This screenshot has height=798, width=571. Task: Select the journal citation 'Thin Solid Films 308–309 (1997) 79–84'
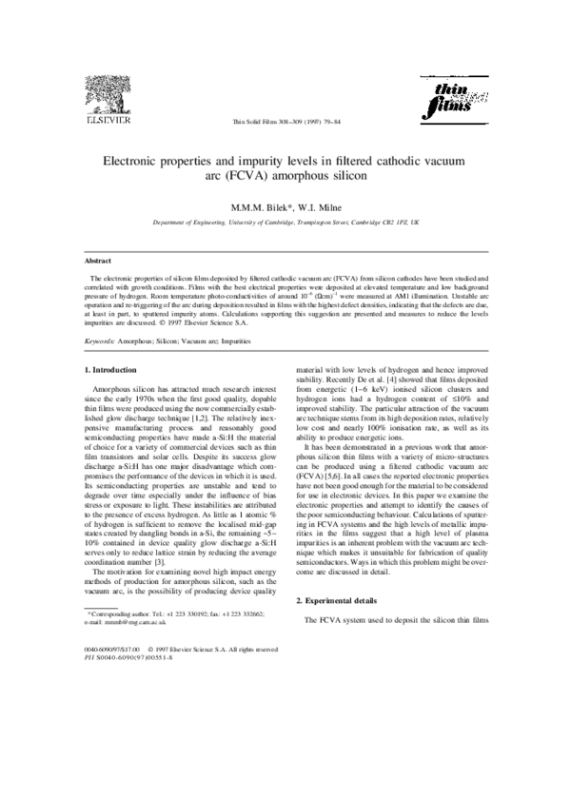[x=285, y=123]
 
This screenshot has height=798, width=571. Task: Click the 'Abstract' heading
[x=98, y=259]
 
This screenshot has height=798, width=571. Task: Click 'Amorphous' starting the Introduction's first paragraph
[x=116, y=390]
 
